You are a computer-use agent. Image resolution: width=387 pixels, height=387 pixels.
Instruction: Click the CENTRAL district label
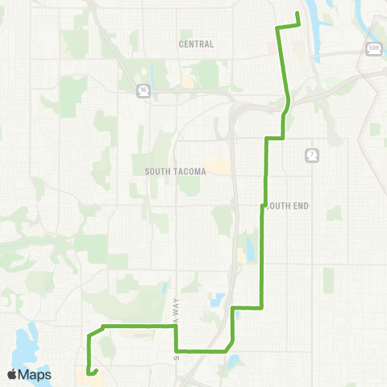[197, 44]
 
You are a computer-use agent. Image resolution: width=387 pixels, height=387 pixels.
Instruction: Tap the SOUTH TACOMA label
[176, 172]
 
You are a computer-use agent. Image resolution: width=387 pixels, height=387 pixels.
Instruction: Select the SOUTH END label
[287, 206]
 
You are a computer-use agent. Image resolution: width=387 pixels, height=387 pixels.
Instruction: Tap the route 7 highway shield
[311, 154]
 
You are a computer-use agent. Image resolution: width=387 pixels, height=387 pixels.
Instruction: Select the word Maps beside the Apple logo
[35, 374]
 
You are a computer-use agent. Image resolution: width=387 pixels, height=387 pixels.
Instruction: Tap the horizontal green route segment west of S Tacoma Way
[137, 327]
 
